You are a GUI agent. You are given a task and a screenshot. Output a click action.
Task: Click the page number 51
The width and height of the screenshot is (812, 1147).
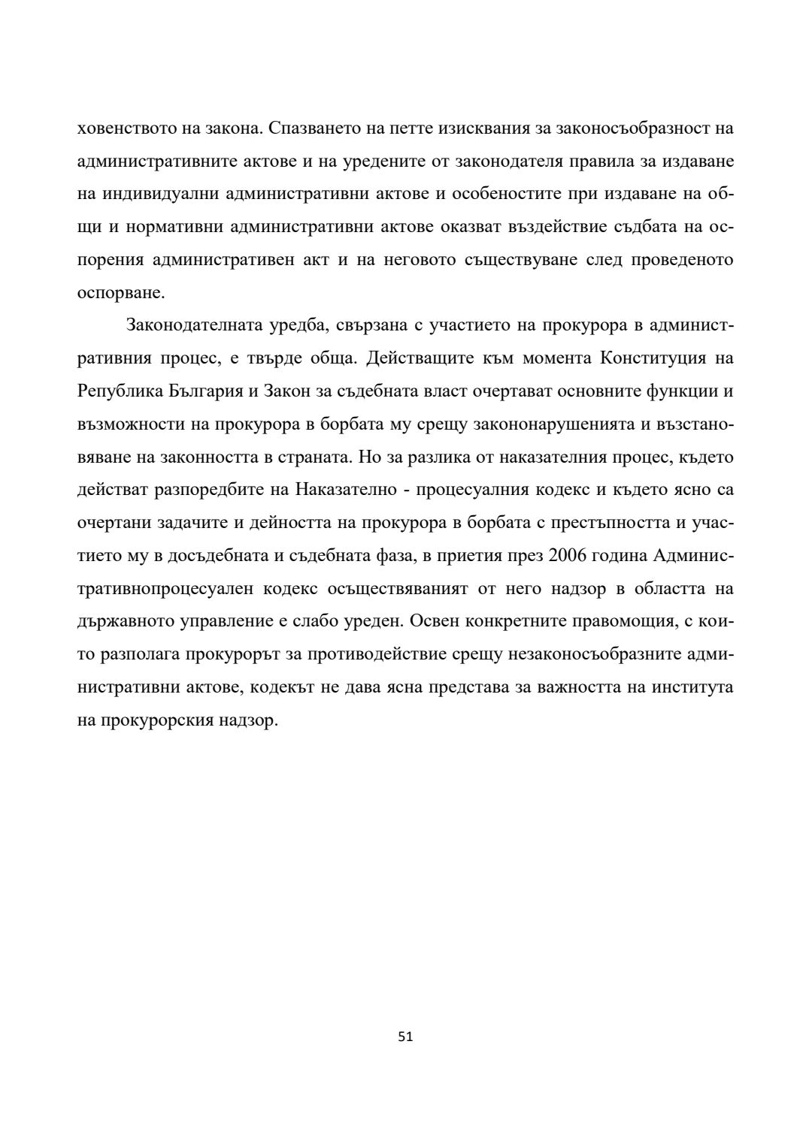[405, 1037]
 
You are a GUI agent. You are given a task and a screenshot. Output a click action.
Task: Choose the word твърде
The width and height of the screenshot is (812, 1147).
[274, 358]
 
